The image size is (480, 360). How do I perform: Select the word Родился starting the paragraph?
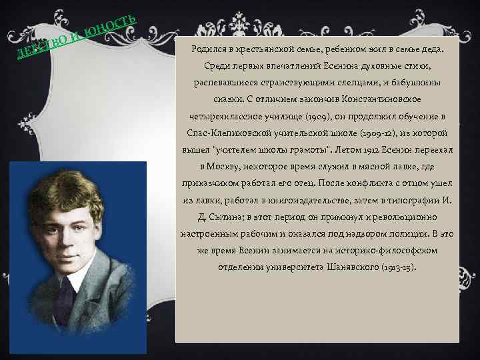[x=209, y=49]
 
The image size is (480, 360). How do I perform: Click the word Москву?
[x=219, y=166]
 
